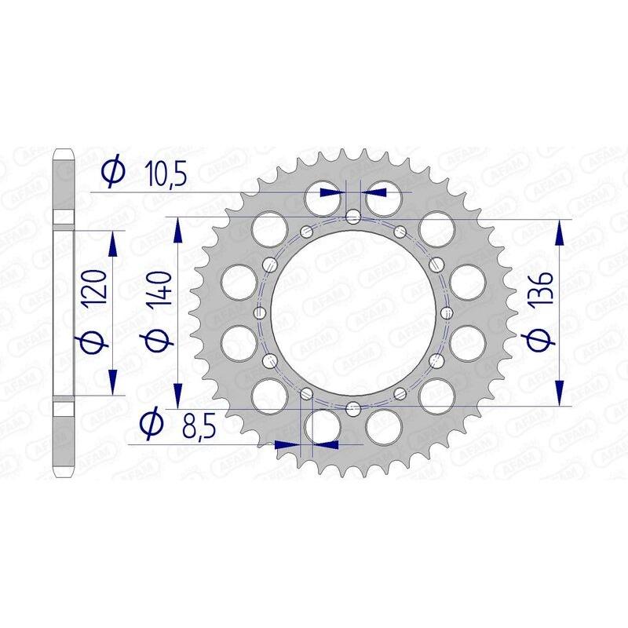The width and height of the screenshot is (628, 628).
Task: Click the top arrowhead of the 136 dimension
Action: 560,232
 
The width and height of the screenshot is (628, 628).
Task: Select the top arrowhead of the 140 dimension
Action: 178,231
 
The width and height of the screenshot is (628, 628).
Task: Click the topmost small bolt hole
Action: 353,217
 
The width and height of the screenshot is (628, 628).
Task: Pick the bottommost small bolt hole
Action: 353,407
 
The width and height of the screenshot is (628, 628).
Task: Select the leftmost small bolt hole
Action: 259,312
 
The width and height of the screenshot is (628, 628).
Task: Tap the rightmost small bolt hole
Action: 447,312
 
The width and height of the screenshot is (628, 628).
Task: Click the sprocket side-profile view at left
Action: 64,314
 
